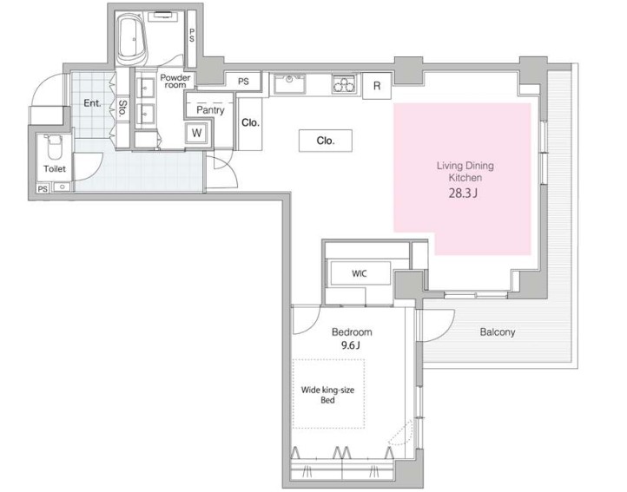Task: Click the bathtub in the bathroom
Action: point(132,39)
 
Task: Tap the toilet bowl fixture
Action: point(54,148)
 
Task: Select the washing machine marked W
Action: point(196,133)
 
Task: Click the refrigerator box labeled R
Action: point(377,86)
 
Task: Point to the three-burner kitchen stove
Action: point(344,84)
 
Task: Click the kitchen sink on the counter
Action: point(289,84)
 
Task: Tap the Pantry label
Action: point(210,110)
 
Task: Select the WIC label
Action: point(359,273)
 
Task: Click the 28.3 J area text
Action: point(463,194)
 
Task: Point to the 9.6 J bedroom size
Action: point(350,345)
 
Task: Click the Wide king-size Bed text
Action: point(327,395)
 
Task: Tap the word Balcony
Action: point(498,331)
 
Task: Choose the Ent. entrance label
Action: point(92,103)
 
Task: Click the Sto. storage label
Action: point(122,108)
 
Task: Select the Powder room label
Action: point(175,81)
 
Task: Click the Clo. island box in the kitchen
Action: point(326,141)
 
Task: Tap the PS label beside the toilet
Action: point(43,189)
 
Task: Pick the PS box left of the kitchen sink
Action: point(243,82)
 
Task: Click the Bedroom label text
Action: point(352,332)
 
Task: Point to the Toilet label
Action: point(55,168)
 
